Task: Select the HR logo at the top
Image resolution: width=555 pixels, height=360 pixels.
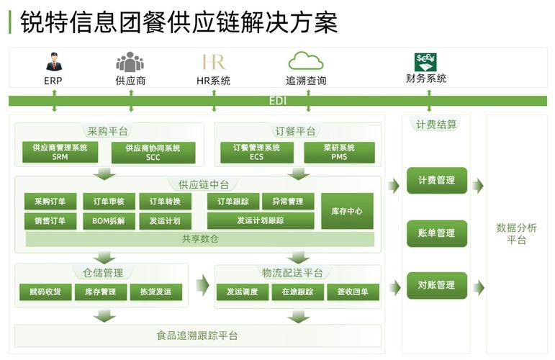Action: pyautogui.click(x=214, y=61)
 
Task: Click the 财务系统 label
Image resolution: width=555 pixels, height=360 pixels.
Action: pyautogui.click(x=426, y=78)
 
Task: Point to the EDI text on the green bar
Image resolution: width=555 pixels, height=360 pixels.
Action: pyautogui.click(x=277, y=101)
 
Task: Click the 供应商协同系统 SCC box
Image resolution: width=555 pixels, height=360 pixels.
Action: pyautogui.click(x=153, y=152)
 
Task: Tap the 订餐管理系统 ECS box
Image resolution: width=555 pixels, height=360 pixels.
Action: pyautogui.click(x=256, y=152)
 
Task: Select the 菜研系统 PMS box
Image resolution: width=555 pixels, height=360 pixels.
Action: pyautogui.click(x=339, y=152)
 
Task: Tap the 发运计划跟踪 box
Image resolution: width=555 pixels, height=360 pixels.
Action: pyautogui.click(x=261, y=221)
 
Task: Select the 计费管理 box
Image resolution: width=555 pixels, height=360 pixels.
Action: pyautogui.click(x=436, y=180)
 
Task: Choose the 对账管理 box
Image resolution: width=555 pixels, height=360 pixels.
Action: pyautogui.click(x=436, y=285)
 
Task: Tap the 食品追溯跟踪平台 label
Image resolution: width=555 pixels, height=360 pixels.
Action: pyautogui.click(x=197, y=336)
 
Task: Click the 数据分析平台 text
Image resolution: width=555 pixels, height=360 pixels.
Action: pyautogui.click(x=516, y=234)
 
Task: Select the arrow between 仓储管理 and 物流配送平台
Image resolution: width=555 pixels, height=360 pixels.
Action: pyautogui.click(x=202, y=285)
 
